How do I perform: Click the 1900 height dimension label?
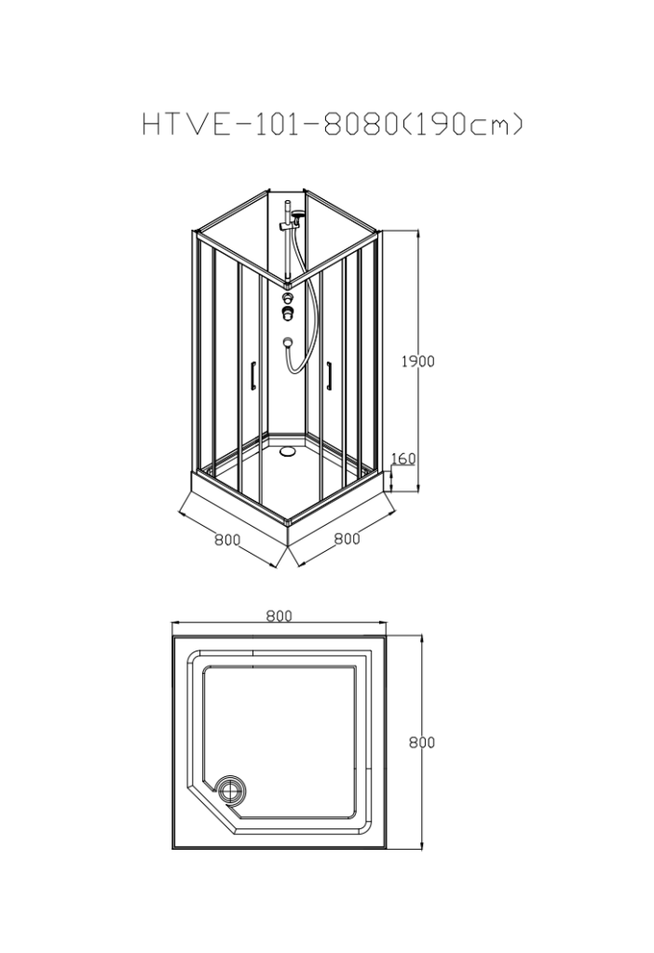[417, 361]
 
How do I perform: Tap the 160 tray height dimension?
[402, 458]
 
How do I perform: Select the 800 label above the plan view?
[279, 616]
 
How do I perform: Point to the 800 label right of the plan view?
[422, 742]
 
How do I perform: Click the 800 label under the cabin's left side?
[227, 540]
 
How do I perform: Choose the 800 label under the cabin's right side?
[347, 539]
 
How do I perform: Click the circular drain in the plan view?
[231, 789]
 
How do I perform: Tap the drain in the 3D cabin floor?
[287, 451]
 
